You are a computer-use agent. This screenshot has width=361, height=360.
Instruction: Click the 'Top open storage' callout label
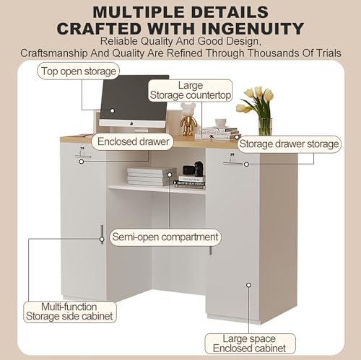click(x=79, y=71)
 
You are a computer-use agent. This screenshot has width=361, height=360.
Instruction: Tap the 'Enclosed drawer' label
click(x=133, y=141)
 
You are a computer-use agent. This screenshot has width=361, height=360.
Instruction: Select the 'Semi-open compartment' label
click(x=165, y=237)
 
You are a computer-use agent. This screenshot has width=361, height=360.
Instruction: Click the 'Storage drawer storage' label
click(x=289, y=144)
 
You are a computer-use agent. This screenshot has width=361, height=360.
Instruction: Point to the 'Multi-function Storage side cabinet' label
click(x=69, y=312)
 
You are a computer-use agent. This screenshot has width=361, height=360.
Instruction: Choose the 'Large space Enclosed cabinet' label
click(x=250, y=343)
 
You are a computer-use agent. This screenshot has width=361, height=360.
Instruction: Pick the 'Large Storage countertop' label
click(x=190, y=90)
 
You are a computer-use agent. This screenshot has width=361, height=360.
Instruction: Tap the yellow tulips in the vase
click(x=256, y=100)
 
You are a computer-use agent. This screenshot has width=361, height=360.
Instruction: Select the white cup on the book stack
click(x=221, y=123)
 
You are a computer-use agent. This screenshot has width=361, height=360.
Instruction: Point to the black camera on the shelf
click(x=193, y=169)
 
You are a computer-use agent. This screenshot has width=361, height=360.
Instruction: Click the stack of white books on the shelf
click(x=151, y=177)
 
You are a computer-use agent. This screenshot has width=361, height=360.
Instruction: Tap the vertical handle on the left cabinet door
click(x=102, y=234)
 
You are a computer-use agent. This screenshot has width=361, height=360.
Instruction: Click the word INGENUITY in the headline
click(x=253, y=29)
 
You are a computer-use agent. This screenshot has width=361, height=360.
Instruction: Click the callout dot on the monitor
click(x=112, y=110)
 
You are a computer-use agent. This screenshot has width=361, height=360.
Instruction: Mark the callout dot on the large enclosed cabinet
click(x=248, y=285)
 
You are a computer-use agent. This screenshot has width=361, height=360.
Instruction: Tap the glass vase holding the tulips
click(x=265, y=127)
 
